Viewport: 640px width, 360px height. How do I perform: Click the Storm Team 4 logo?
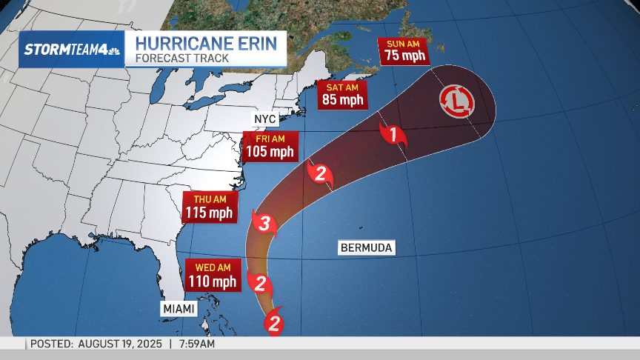click(x=71, y=49)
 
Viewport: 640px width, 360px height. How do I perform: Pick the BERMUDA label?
click(x=366, y=248)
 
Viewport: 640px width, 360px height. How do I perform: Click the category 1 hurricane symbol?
click(x=393, y=135)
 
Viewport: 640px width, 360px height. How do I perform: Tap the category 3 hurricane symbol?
click(x=264, y=222)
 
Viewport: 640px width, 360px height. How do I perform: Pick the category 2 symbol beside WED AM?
click(x=260, y=282)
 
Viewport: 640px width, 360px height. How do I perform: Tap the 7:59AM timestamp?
click(x=196, y=344)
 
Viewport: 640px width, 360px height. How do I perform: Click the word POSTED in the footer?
click(x=50, y=344)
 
